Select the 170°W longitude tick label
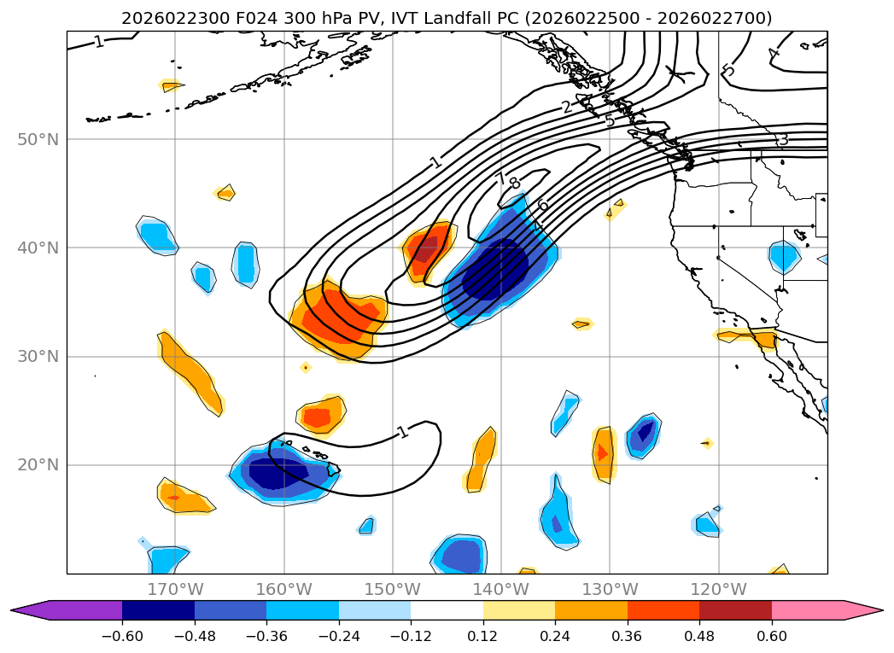[x=175, y=589]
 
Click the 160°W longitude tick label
[x=283, y=589]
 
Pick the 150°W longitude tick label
[x=392, y=589]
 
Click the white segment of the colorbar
[x=447, y=610]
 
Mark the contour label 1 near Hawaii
[x=402, y=432]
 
